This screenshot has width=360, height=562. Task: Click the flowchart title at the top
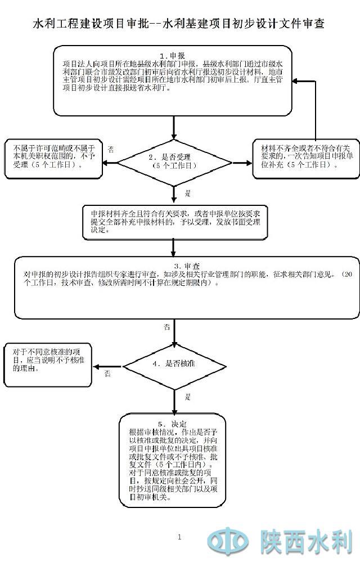179,24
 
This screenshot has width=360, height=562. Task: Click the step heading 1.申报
173,56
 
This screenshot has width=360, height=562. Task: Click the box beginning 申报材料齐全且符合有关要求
174,222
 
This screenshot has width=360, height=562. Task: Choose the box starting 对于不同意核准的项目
48,365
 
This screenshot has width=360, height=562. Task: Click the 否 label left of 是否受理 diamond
111,150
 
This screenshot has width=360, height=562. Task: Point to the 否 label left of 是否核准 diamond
107,374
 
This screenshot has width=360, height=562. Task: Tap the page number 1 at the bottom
179,537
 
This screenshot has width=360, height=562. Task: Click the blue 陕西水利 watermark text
306,542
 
